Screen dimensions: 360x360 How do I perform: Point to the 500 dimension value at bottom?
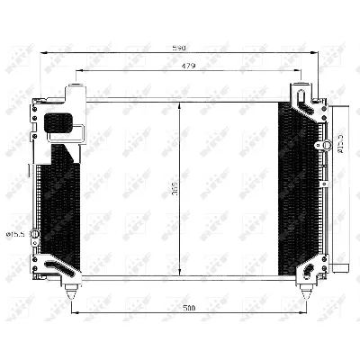[x=187, y=309]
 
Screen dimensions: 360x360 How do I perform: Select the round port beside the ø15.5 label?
[x=35, y=236]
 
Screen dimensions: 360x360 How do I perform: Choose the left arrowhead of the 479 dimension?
[x=78, y=70]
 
